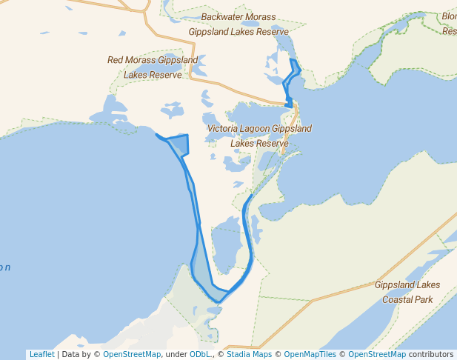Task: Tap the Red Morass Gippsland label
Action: point(153,60)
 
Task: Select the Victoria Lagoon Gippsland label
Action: point(259,129)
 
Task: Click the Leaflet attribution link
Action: point(41,354)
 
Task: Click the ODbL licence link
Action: point(200,354)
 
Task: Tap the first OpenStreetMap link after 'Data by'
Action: point(131,354)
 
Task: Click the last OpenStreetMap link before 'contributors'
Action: point(377,354)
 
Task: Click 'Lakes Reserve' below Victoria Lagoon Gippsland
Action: point(259,144)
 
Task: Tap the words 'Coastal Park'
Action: point(407,300)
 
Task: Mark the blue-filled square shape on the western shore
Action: point(178,144)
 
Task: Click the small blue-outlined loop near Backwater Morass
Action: point(291,77)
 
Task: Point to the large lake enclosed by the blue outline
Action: point(225,248)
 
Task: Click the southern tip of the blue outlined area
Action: point(219,301)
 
